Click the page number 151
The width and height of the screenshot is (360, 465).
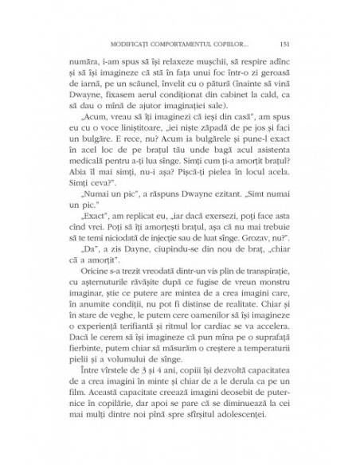[x=284, y=43]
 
